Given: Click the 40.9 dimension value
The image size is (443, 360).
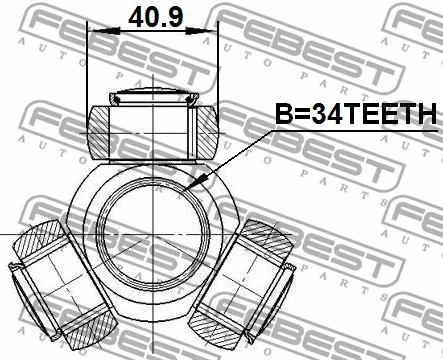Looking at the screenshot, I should tap(152, 16).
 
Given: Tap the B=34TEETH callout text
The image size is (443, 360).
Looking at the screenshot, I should tap(355, 116).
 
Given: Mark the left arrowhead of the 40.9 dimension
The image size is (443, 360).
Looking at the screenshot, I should tap(94, 32).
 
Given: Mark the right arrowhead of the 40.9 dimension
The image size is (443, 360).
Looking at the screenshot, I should tap(211, 32).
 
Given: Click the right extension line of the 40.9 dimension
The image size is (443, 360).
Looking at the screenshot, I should tap(216, 70).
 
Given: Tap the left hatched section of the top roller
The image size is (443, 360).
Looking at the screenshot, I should tap(102, 130).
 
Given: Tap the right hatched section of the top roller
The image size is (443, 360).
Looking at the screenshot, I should tap(203, 130).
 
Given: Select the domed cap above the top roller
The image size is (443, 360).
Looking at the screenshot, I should tap(152, 98).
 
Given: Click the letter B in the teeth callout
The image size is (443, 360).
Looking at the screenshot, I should tap(283, 116).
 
